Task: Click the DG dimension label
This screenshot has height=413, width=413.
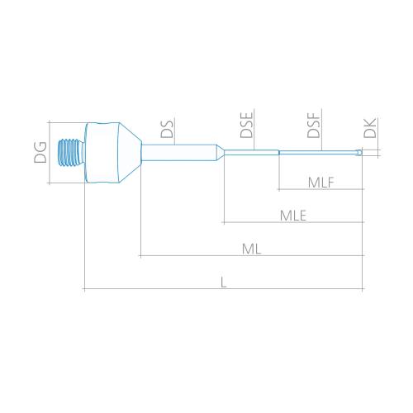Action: [40, 152]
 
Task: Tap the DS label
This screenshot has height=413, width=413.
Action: [167, 129]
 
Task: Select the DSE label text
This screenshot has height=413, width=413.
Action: [246, 125]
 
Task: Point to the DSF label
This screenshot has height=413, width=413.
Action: [314, 126]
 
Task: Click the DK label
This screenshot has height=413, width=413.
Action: [370, 128]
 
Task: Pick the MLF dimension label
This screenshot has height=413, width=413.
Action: [321, 183]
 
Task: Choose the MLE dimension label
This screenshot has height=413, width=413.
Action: [293, 216]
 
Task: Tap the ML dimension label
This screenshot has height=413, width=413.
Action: [251, 249]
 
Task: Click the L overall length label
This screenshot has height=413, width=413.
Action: [224, 282]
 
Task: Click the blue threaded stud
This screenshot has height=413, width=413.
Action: [71, 153]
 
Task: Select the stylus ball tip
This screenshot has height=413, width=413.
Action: [359, 152]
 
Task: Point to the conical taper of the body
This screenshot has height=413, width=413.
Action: [130, 153]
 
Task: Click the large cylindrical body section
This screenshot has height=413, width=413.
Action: [102, 153]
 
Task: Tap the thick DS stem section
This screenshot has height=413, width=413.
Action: [179, 153]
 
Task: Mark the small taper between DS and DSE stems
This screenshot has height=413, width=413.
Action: [221, 153]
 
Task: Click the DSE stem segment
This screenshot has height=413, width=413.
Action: [252, 153]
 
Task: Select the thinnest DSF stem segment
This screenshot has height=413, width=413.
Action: [318, 153]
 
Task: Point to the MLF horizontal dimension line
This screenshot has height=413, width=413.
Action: [321, 189]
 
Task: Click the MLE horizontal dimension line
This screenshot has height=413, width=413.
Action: [293, 222]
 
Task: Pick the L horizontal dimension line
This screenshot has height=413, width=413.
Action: [224, 289]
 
